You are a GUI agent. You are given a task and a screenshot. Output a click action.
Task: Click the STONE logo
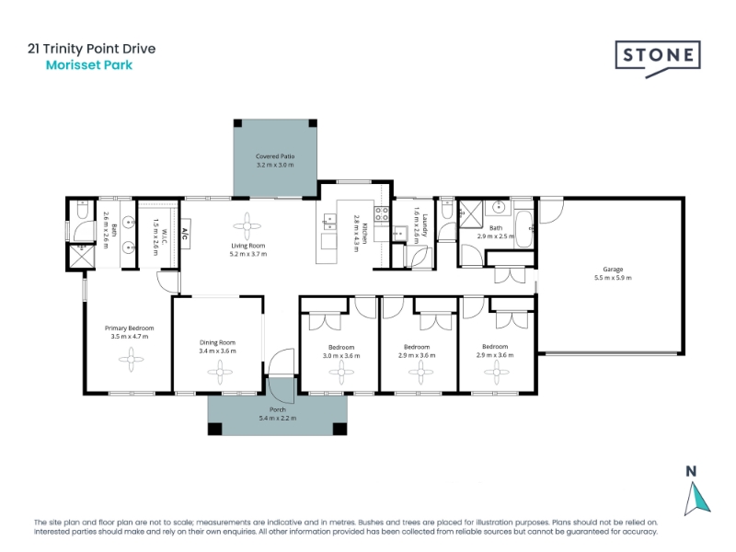click(x=658, y=58)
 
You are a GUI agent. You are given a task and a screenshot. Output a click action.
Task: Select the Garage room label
click(x=613, y=270)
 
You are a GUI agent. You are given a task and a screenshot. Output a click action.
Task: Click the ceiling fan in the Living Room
click(x=247, y=226)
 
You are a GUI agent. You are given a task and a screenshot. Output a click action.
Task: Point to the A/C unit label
click(x=185, y=234)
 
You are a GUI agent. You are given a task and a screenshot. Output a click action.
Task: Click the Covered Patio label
click(x=275, y=156)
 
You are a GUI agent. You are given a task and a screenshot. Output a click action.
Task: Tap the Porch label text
click(x=278, y=409)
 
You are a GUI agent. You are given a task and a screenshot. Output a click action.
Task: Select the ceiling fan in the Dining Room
click(x=219, y=373)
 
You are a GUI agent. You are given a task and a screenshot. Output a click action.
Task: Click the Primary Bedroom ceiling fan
click(x=131, y=360)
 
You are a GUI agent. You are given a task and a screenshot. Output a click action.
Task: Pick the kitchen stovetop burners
click(x=381, y=214)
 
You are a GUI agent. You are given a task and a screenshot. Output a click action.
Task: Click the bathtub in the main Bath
click(x=523, y=228)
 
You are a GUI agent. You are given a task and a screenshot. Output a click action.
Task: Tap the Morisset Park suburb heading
click(x=89, y=65)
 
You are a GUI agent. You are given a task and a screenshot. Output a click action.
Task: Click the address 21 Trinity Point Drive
click(x=91, y=49)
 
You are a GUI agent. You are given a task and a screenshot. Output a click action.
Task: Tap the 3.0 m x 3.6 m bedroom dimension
click(x=341, y=356)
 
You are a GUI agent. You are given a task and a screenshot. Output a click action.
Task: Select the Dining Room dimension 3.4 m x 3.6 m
click(x=217, y=351)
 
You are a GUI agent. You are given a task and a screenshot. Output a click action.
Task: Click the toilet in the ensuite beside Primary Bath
click(x=82, y=211)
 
